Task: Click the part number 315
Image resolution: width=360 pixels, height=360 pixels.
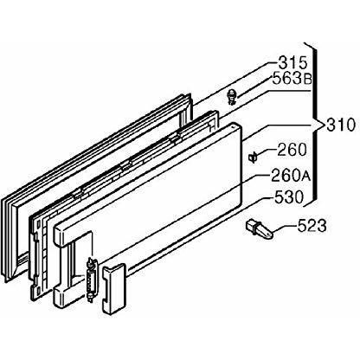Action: click(x=292, y=62)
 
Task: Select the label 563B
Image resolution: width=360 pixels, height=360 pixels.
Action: click(x=292, y=79)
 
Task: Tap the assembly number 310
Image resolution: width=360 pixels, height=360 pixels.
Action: click(x=340, y=125)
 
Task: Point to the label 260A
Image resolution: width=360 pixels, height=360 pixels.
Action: click(x=291, y=175)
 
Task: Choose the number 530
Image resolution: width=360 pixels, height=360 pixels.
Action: click(x=289, y=197)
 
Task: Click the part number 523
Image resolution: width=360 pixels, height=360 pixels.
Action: click(x=312, y=226)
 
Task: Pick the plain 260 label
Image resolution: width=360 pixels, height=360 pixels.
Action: click(x=292, y=150)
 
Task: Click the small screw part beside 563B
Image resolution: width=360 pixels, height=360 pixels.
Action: click(x=231, y=97)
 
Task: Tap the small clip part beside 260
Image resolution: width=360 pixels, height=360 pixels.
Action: click(x=253, y=157)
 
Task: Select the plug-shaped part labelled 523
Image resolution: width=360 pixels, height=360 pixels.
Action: click(x=259, y=229)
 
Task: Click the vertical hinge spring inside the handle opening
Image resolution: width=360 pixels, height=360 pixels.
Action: click(x=92, y=280)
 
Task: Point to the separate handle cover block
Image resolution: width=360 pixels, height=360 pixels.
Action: click(x=113, y=289)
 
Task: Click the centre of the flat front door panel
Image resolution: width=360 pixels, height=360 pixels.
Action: click(x=150, y=199)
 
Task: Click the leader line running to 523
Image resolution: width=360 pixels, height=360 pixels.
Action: click(x=285, y=228)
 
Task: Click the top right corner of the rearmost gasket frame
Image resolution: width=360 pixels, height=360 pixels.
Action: click(x=190, y=94)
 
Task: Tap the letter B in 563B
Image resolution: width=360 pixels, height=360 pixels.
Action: click(x=307, y=79)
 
